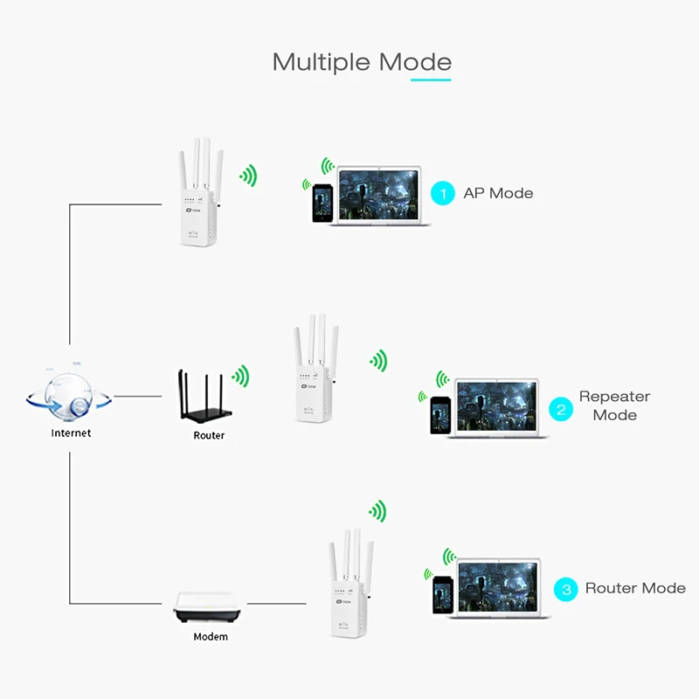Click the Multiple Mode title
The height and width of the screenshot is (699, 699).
[362, 62]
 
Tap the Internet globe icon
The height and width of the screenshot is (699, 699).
[70, 398]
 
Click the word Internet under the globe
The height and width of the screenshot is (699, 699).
[71, 433]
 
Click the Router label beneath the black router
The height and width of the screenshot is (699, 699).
[209, 435]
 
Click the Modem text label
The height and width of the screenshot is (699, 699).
[211, 637]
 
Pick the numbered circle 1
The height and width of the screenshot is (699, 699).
[444, 193]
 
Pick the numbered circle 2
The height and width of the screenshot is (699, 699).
[560, 407]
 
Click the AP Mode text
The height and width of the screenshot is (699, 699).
[498, 193]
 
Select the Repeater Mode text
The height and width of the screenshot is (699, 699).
[614, 405]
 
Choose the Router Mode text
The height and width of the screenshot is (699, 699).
[635, 588]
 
